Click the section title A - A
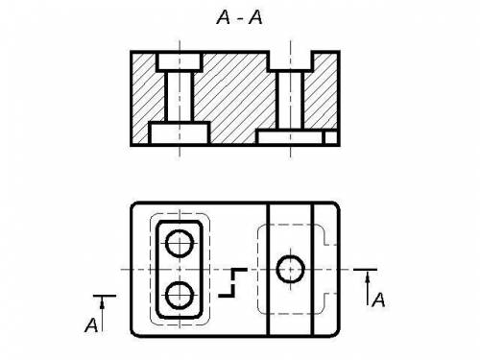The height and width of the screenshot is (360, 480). [x=239, y=17]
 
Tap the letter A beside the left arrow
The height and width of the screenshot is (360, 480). [x=91, y=325]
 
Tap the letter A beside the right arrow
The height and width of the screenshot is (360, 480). [x=378, y=300]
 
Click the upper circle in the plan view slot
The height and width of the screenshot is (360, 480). [x=180, y=244]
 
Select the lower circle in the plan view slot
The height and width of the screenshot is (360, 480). [x=180, y=295]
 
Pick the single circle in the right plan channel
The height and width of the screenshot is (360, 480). [x=290, y=269]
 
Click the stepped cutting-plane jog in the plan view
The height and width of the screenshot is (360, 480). [x=233, y=283]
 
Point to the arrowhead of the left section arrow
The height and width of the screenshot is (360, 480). [x=102, y=304]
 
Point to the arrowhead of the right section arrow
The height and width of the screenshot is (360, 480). [x=368, y=277]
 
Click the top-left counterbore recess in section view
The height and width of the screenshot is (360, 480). [x=180, y=61]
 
